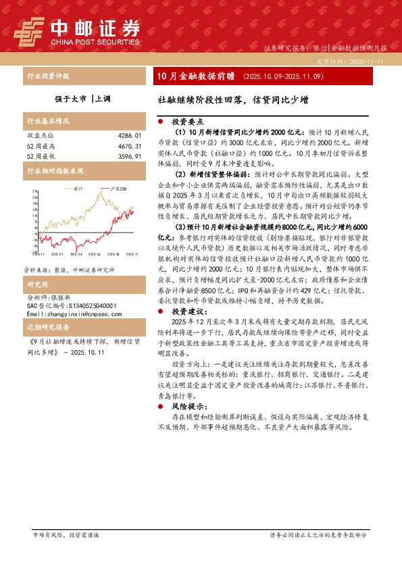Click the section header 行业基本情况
[x=47, y=122]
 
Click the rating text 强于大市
[x=70, y=98]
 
